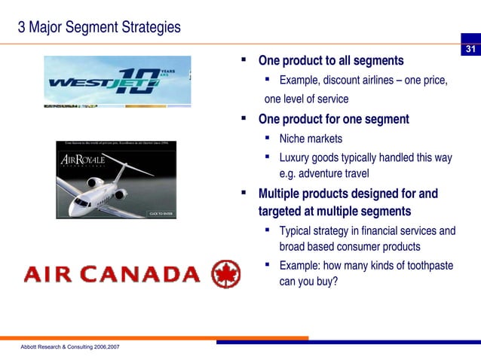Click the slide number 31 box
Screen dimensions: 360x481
tap(470, 50)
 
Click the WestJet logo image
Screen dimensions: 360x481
tap(117, 81)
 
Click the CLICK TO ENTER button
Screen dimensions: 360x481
tap(161, 214)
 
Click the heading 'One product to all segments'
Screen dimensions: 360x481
tap(330, 60)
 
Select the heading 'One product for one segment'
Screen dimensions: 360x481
tap(333, 119)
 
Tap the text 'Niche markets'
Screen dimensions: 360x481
tap(311, 139)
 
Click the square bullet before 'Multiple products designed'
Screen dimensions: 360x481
tap(244, 194)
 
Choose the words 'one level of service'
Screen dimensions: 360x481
tap(306, 99)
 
